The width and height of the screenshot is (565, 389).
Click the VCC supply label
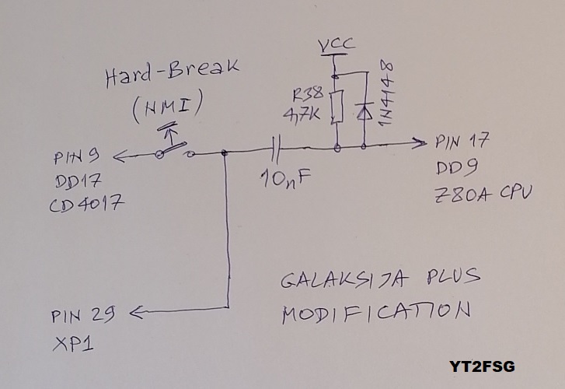[337, 44]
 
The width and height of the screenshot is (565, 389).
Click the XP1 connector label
[72, 342]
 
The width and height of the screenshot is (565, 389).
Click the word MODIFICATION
[376, 314]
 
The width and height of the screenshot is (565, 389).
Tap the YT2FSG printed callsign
[481, 366]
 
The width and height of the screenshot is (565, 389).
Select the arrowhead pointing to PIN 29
[134, 313]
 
